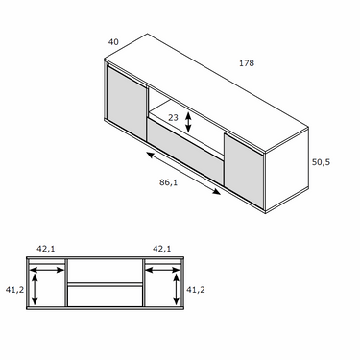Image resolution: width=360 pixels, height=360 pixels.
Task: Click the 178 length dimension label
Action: (x=247, y=63)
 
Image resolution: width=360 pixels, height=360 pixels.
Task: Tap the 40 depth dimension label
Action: (x=113, y=42)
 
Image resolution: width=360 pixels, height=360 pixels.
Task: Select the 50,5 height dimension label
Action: (x=321, y=162)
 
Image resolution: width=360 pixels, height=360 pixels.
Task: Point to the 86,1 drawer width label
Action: (x=168, y=182)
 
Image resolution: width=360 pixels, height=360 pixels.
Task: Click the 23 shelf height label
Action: (x=173, y=118)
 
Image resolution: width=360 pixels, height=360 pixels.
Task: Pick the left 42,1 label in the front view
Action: (x=46, y=249)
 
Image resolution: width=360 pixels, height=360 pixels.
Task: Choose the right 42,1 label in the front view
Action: (x=161, y=249)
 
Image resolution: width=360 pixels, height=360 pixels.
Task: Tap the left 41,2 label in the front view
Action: (x=14, y=290)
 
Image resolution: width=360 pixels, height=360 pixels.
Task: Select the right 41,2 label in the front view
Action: (x=196, y=290)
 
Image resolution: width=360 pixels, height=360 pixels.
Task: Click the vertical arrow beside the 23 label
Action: (x=188, y=122)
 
